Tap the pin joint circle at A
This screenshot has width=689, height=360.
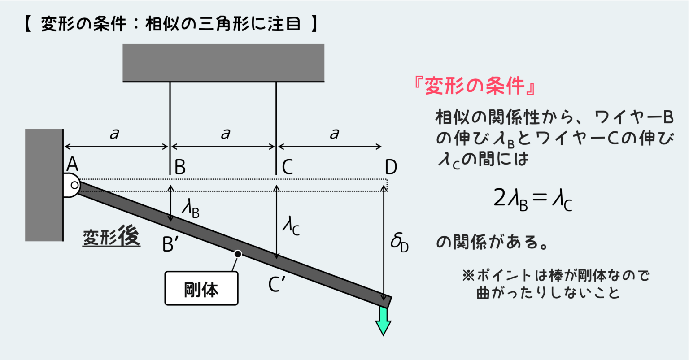[x=74, y=185]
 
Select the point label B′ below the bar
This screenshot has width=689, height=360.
[x=170, y=245]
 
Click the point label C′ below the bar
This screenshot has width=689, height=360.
[x=277, y=284]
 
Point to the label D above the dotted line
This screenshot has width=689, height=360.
[x=391, y=167]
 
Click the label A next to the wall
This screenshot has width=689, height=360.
[x=72, y=165]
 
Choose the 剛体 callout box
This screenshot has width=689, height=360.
[x=201, y=288]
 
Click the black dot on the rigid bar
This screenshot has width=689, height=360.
[x=238, y=254]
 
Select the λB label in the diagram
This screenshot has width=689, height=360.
[x=190, y=208]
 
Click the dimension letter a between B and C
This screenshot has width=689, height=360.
[x=225, y=134]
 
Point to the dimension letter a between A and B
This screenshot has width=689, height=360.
[x=114, y=134]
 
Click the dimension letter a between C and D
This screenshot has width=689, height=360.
[x=334, y=134]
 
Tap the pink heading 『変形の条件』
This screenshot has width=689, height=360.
[x=475, y=86]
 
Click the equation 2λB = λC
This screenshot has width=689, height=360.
[x=532, y=198]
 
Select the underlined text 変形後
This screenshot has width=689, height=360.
[x=111, y=238]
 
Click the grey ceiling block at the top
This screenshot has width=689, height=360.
[x=223, y=63]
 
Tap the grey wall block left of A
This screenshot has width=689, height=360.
[x=44, y=185]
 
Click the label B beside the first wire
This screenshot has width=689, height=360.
[x=180, y=167]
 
